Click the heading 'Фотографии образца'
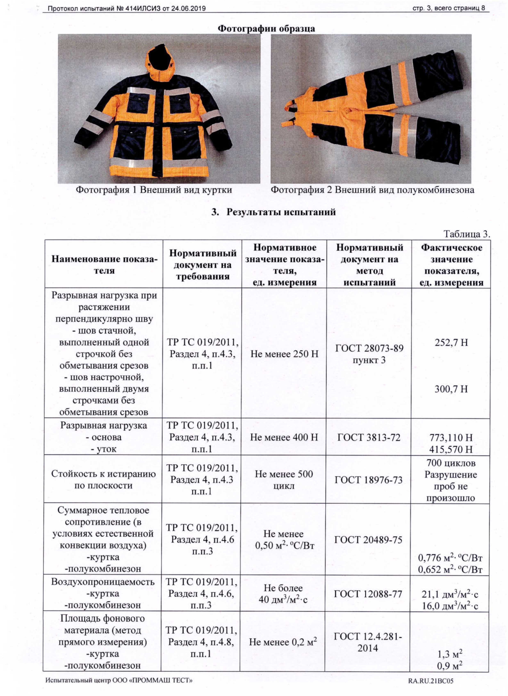[266, 29]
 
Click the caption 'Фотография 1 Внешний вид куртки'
[154, 190]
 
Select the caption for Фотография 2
[372, 190]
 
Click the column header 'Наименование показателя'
[104, 265]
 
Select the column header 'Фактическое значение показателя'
[451, 265]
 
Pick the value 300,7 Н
[451, 389]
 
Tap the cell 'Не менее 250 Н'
[284, 354]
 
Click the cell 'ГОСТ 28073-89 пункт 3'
[369, 354]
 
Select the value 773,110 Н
[451, 438]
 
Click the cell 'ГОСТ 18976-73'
[368, 480]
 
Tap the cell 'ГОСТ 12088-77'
[368, 594]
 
